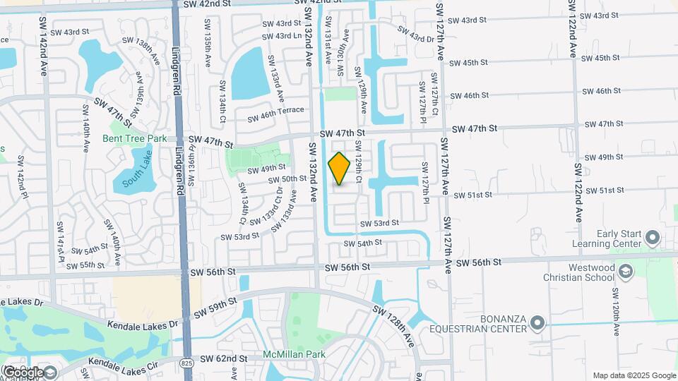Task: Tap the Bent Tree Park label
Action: point(134,138)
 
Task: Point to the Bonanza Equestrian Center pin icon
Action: point(538,324)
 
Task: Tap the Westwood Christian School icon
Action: point(624,272)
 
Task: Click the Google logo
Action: point(23,372)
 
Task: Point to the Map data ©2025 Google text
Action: point(634,375)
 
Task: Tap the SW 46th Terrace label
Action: point(275,114)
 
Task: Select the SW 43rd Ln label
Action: point(280,36)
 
